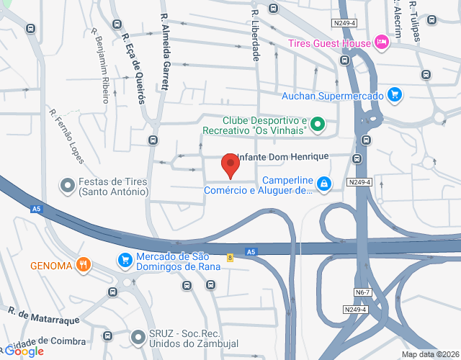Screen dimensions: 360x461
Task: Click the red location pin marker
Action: click(230, 165)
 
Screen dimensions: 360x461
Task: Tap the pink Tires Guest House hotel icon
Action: click(382, 43)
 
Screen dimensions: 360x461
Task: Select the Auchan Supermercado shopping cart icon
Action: click(393, 94)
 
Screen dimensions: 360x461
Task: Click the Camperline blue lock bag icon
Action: click(325, 185)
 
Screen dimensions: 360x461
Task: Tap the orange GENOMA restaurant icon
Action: click(84, 265)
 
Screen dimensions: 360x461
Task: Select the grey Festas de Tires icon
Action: click(68, 186)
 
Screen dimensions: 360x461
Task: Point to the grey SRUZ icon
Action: click(138, 336)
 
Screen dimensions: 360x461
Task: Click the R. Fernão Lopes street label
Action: click(67, 135)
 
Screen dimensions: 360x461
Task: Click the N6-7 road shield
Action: click(363, 292)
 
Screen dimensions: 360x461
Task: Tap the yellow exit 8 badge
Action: click(230, 257)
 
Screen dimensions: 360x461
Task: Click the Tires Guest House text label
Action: click(329, 43)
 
